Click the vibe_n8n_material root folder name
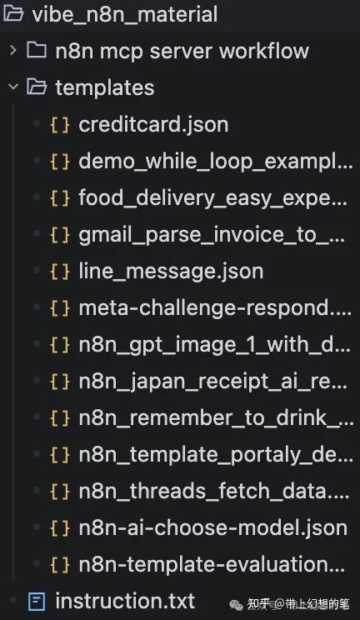coord(125,15)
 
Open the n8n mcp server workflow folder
coord(182,51)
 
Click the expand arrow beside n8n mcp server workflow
coord(13,50)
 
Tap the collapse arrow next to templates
coord(13,87)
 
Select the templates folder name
coord(105,87)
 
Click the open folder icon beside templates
coord(37,87)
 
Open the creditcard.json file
coord(153,125)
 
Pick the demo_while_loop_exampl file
coord(216,162)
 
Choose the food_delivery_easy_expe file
coord(212,198)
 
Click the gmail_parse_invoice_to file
coord(212,235)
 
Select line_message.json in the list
coord(171,272)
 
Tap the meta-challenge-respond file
coord(215,308)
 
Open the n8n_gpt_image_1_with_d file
coord(214,345)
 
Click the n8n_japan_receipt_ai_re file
coord(213,382)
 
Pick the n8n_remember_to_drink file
coord(216,418)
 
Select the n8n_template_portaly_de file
coord(216,455)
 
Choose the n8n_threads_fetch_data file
coord(214,492)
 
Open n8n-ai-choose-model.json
coord(212,528)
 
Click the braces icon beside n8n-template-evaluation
coord(60,565)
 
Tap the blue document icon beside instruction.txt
coord(37,602)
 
